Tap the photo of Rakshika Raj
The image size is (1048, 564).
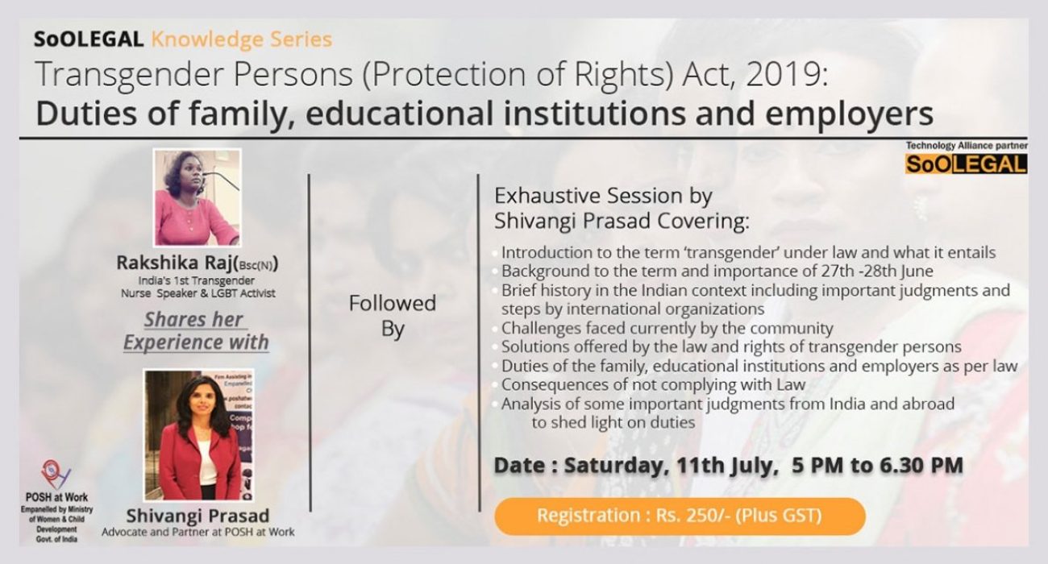click(x=197, y=197)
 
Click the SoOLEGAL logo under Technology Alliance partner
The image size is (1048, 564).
click(x=965, y=164)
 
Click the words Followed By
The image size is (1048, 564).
click(x=392, y=316)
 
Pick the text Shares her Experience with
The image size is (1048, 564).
click(x=195, y=330)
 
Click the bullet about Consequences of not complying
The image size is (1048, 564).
click(x=654, y=384)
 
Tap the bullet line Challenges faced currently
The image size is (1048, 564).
click(x=667, y=328)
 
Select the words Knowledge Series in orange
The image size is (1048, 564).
click(x=241, y=39)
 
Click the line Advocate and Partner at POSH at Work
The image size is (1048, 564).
click(x=198, y=532)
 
